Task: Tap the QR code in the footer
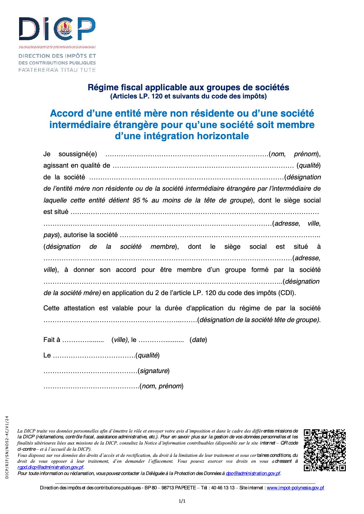coord(324,450)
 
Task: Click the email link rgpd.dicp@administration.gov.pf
coord(50,467)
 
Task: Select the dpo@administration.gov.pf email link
coord(253,473)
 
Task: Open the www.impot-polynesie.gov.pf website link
coord(295,488)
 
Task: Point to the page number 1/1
coord(182,501)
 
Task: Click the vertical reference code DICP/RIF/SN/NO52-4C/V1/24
coord(7,447)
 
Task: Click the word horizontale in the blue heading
coord(223,136)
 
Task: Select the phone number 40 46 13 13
coord(223,488)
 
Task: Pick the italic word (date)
coord(198,340)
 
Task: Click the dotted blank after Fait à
coord(83,340)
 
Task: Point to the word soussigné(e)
coord(77,154)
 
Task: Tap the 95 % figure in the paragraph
coord(140,200)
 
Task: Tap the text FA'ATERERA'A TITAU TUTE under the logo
coord(57,70)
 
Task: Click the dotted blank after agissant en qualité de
coord(203,166)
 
